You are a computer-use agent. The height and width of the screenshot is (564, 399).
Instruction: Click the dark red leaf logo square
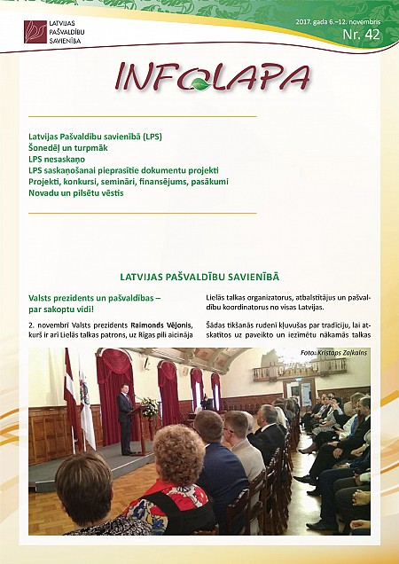35,32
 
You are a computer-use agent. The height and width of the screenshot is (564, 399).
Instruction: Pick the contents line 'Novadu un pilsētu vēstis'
75,192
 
